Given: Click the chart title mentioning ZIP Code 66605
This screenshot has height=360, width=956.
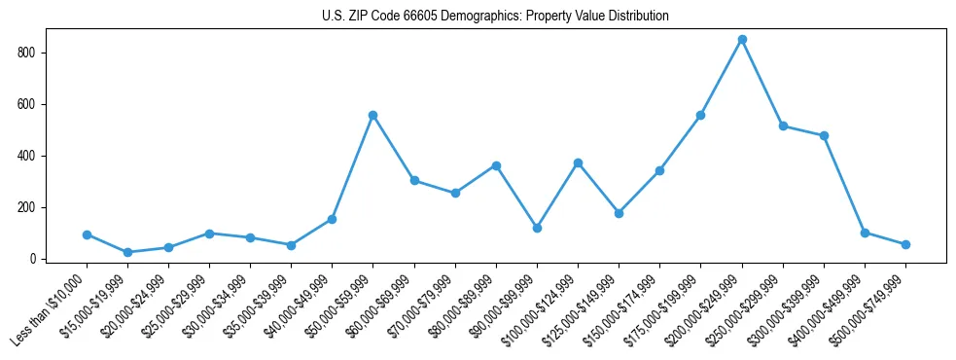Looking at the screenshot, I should point(495,16).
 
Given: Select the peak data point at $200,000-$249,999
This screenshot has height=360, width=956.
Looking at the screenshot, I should point(742,39).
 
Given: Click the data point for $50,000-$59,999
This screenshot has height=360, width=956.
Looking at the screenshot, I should point(373,115).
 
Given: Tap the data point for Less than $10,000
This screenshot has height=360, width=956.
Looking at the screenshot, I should point(87,234).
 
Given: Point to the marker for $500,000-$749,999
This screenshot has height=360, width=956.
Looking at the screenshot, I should point(905,244).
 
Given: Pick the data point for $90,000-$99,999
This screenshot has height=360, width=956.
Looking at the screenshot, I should point(537,228).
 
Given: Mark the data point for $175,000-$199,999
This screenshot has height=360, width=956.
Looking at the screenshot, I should point(700,115).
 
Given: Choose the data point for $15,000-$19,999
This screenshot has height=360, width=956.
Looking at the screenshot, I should point(127,252).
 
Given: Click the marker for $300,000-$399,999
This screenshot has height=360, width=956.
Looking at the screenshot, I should point(824,135).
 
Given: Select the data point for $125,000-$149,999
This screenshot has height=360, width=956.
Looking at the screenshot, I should point(619,213).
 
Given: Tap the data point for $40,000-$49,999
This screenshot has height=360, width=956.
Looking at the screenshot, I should point(333,219).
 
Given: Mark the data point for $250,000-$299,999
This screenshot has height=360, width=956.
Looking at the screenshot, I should point(783,126).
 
